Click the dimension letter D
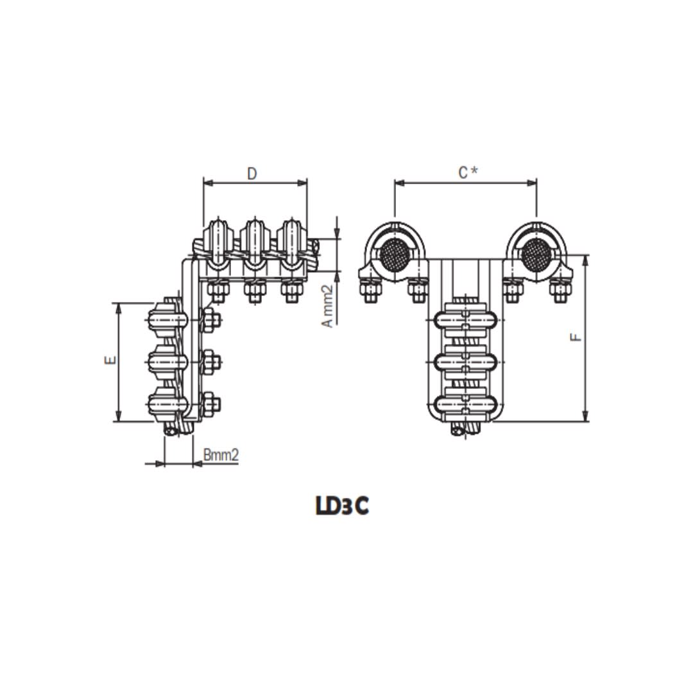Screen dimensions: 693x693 click(x=252, y=173)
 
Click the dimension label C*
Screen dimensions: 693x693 click(x=466, y=173)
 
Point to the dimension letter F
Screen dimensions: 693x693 click(x=576, y=337)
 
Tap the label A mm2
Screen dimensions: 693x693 click(x=328, y=307)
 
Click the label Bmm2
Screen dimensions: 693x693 click(x=221, y=455)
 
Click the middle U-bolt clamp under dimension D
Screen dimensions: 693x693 click(x=254, y=244)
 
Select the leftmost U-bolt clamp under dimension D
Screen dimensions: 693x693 click(x=217, y=244)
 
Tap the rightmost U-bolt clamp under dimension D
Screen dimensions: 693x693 click(x=291, y=244)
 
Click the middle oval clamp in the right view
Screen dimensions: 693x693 click(x=466, y=362)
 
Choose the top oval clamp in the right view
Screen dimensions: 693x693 click(x=466, y=320)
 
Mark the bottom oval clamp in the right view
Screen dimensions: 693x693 click(x=466, y=404)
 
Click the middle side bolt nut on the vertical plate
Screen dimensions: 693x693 click(x=210, y=362)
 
